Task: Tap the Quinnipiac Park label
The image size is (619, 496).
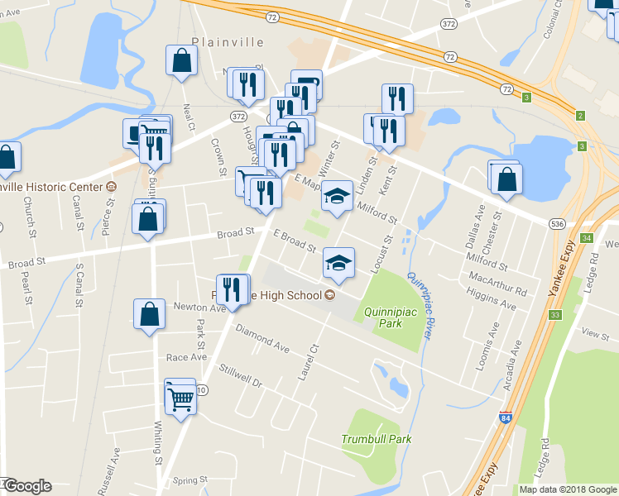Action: click(x=383, y=317)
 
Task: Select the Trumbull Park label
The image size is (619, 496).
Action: click(x=376, y=439)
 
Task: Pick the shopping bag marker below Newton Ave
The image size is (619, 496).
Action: click(x=149, y=316)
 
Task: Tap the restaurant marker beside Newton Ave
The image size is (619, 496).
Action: click(x=233, y=290)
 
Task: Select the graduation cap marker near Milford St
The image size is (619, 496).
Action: click(x=336, y=197)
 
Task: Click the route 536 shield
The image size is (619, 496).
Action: click(x=557, y=224)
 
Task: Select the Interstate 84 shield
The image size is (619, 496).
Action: click(x=505, y=419)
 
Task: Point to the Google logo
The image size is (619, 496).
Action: click(x=27, y=486)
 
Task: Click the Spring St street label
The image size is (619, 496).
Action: click(x=190, y=479)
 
